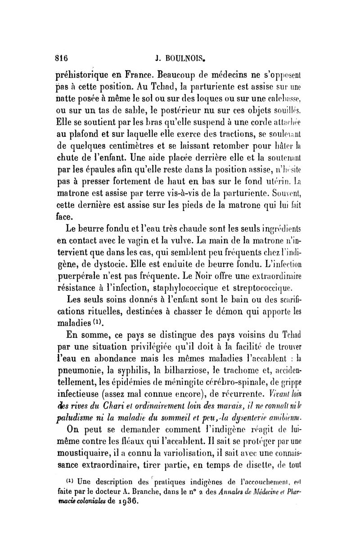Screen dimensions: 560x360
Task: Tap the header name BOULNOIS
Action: [182, 58]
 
